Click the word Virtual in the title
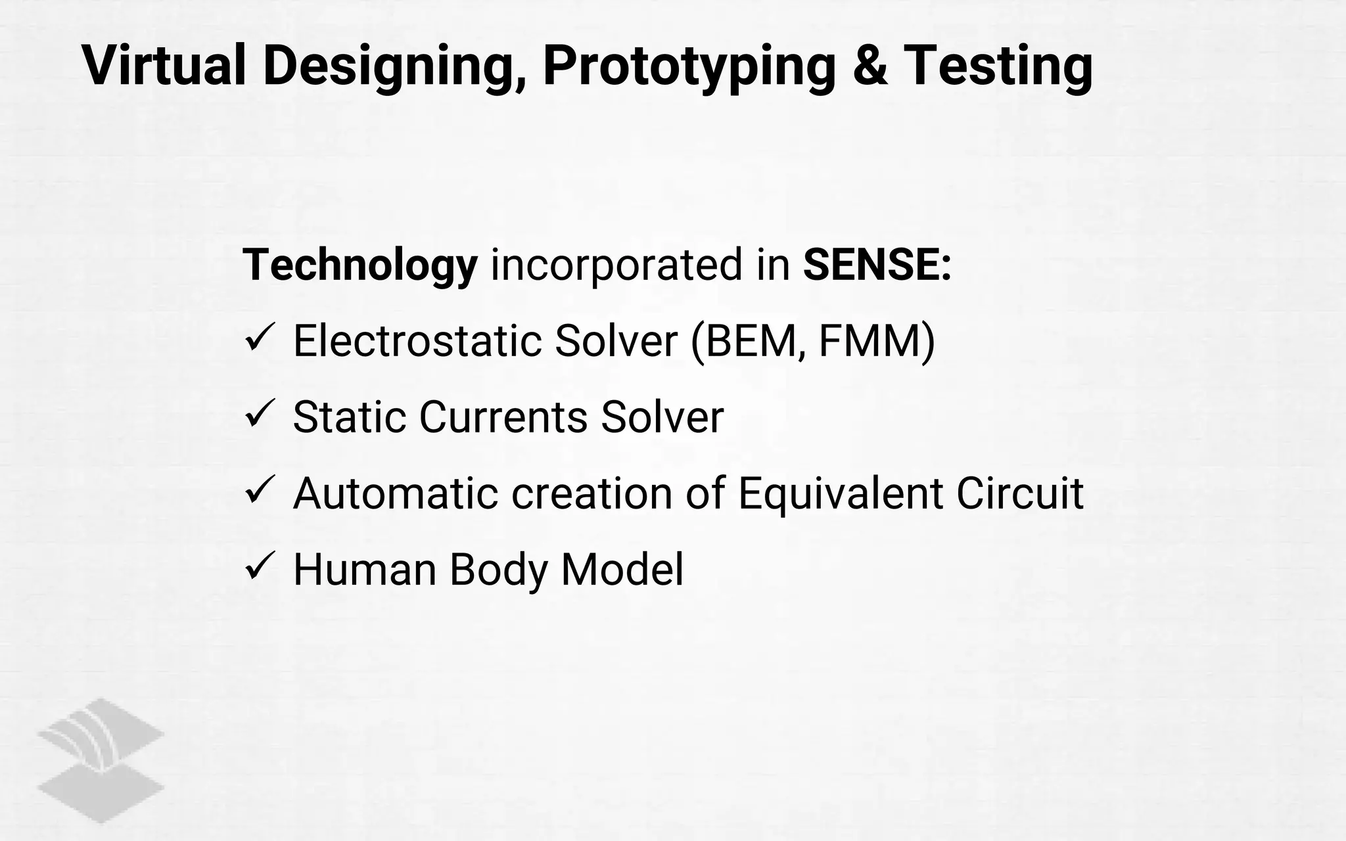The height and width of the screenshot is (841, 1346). tap(164, 66)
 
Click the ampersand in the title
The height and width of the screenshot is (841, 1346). tap(870, 66)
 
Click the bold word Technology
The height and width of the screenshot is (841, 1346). tap(360, 266)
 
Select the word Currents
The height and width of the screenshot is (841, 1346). tap(503, 417)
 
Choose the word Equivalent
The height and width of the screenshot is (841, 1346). tap(841, 493)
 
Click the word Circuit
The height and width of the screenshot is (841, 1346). tap(1019, 493)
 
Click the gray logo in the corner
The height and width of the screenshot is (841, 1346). tap(101, 760)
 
